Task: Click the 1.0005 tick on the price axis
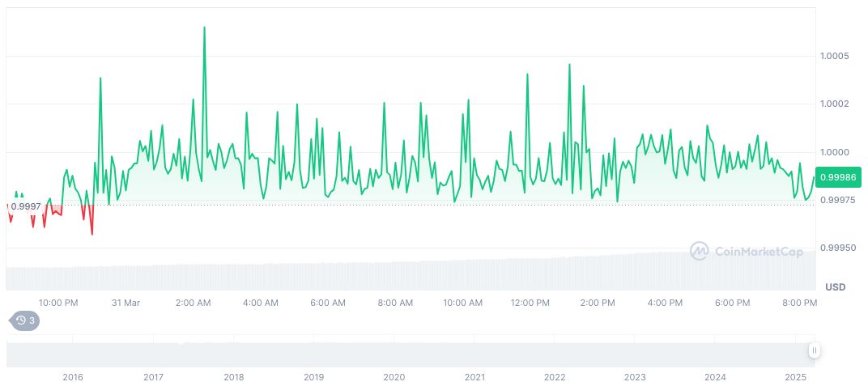[833, 56]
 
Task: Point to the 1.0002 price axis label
[833, 104]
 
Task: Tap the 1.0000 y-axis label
[833, 152]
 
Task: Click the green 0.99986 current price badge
[838, 177]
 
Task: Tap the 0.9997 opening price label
[25, 206]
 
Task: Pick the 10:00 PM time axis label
[58, 303]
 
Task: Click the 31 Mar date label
[126, 303]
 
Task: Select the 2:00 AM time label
[193, 303]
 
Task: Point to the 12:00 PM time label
[530, 303]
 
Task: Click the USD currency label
[835, 287]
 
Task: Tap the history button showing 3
[24, 320]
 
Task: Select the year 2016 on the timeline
[73, 377]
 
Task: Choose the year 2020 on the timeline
[394, 377]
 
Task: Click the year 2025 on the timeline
[796, 377]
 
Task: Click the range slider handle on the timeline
[814, 350]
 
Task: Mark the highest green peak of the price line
[204, 28]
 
